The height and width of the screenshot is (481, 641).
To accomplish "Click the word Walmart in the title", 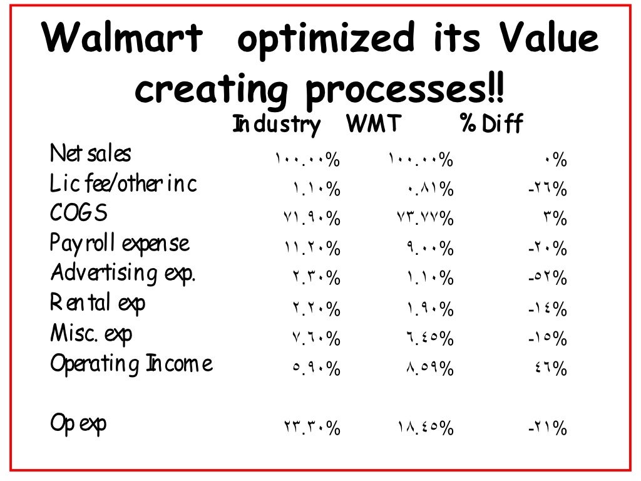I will [123, 39].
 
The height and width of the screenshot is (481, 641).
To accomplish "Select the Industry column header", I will [276, 125].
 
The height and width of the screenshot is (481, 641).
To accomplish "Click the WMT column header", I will [373, 124].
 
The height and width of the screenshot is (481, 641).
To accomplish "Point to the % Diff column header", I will [491, 125].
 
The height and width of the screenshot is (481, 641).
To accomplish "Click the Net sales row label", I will [91, 153].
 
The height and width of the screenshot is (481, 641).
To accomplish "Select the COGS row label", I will [79, 214].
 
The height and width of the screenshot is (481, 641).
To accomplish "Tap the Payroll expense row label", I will [120, 244].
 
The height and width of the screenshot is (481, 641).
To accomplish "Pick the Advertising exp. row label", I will [123, 274].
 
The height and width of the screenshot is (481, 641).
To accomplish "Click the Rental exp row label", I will [98, 304].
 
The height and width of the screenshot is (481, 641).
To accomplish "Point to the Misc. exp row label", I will [91, 334].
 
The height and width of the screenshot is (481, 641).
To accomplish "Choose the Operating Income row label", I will [131, 365].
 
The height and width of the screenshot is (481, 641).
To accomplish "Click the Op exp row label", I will [78, 424].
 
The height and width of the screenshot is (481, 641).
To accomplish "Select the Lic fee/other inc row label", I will [123, 184].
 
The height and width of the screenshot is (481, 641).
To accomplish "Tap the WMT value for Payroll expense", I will [429, 249].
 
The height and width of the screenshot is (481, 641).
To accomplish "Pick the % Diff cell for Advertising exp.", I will [547, 279].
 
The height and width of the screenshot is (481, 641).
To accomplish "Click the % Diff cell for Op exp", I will [547, 430].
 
